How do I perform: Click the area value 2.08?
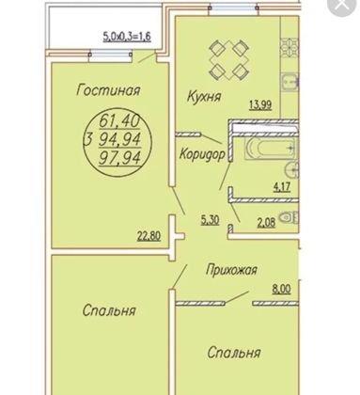point(266,224)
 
